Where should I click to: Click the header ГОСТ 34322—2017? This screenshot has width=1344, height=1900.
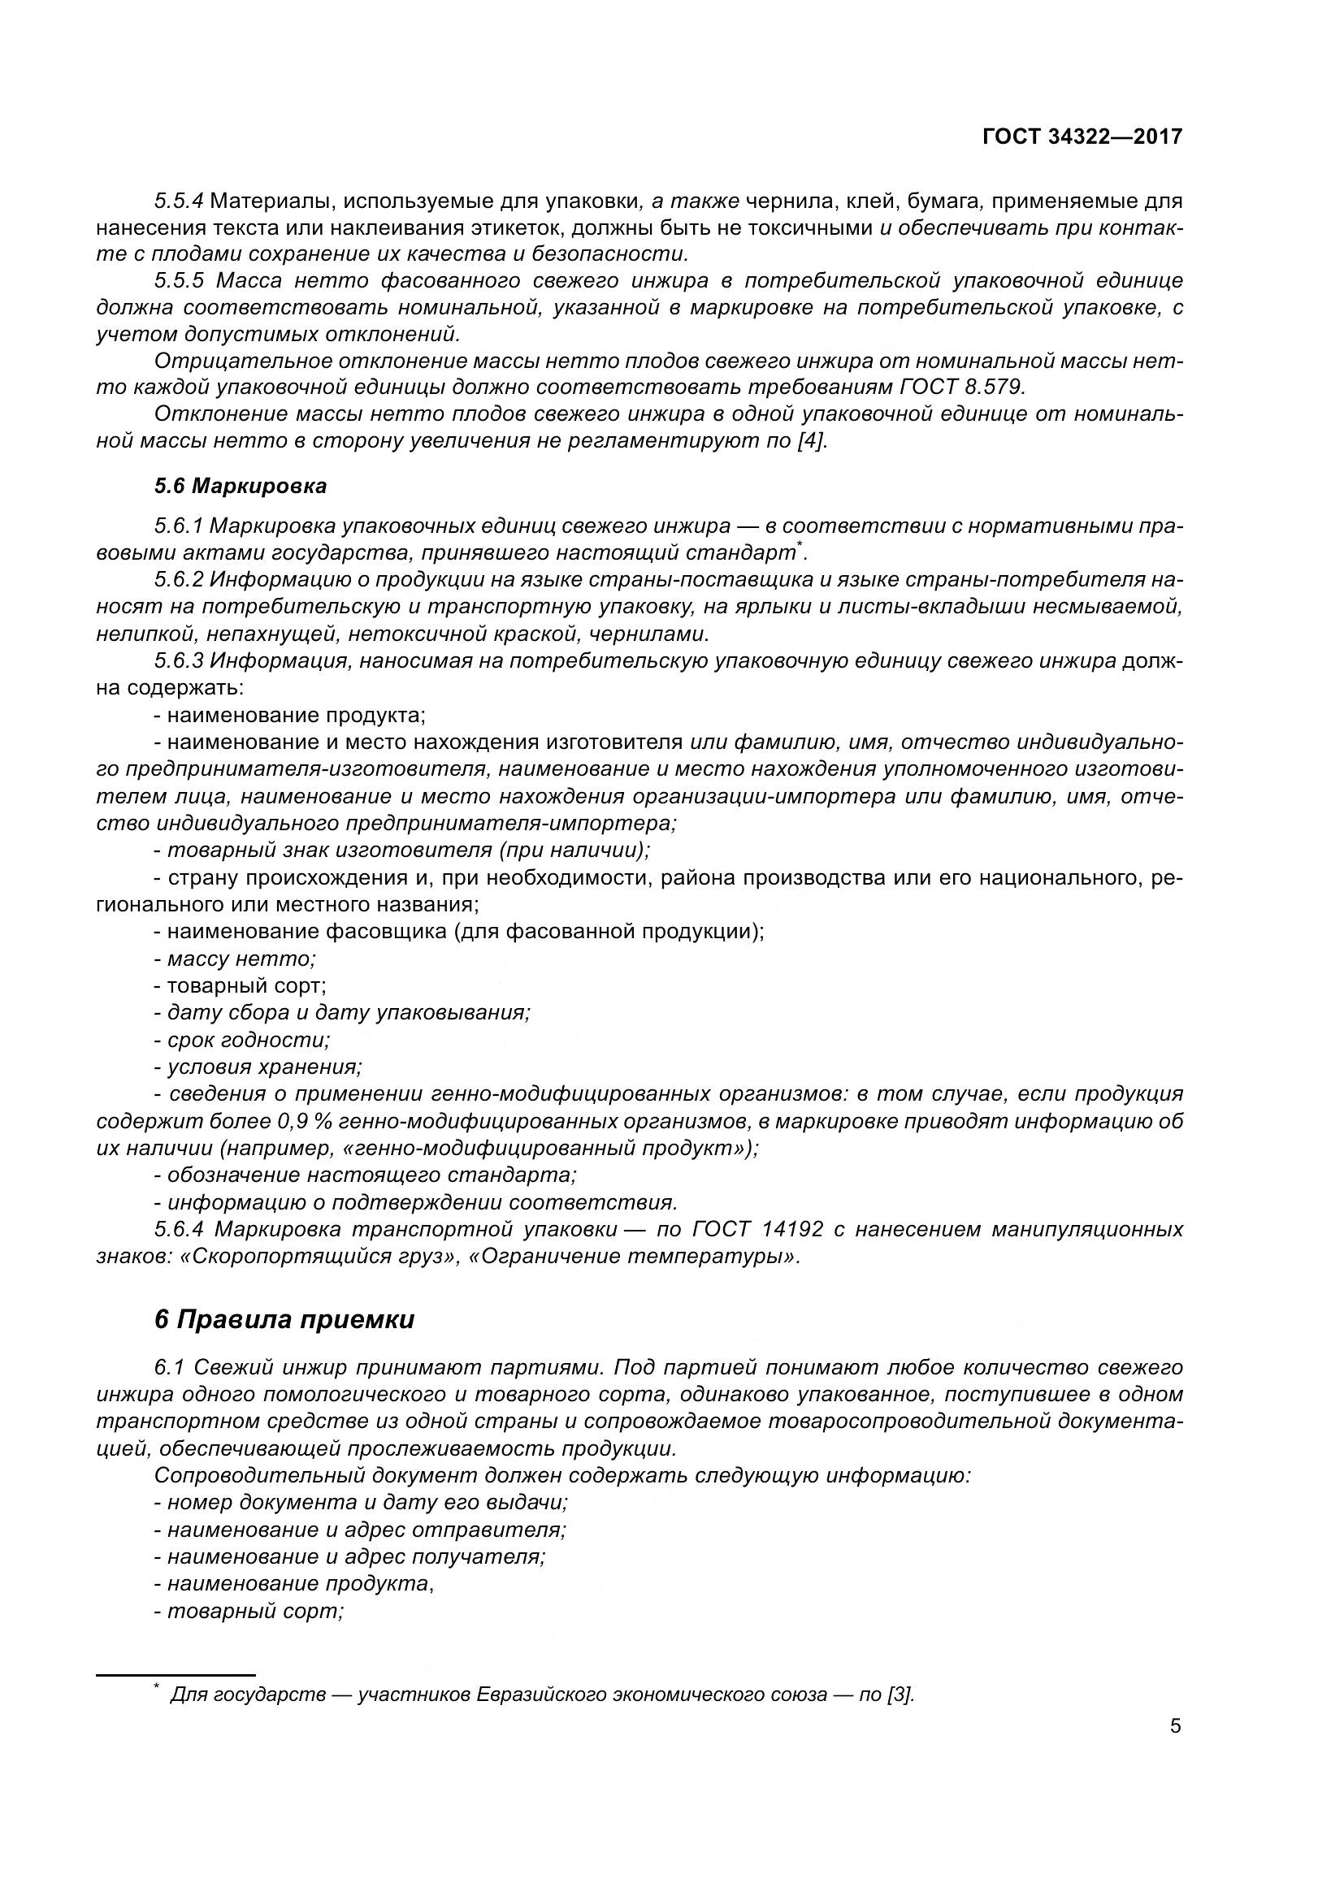(x=1082, y=137)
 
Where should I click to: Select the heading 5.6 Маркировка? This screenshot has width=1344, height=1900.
(x=240, y=487)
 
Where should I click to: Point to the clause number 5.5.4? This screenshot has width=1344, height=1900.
(x=179, y=201)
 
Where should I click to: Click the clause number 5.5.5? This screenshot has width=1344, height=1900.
(x=179, y=280)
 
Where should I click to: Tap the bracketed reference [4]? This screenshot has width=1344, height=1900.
(x=811, y=440)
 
